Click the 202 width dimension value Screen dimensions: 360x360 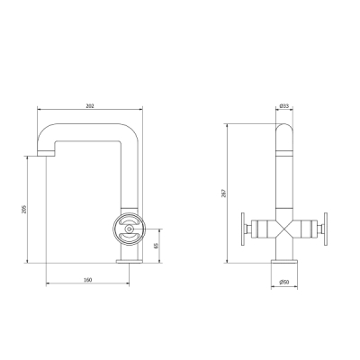tap(90, 106)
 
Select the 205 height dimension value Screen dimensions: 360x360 tap(24, 210)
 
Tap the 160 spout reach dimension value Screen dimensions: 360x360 tap(87, 280)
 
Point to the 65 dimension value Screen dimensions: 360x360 tap(156, 246)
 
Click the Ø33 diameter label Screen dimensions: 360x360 tap(284, 106)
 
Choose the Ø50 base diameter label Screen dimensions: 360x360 tap(284, 282)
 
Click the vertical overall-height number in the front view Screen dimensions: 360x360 tap(223, 193)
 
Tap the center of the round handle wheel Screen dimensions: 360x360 tap(130, 229)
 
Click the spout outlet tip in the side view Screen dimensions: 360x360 tap(46, 154)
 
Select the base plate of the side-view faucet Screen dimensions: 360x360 tap(130, 261)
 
